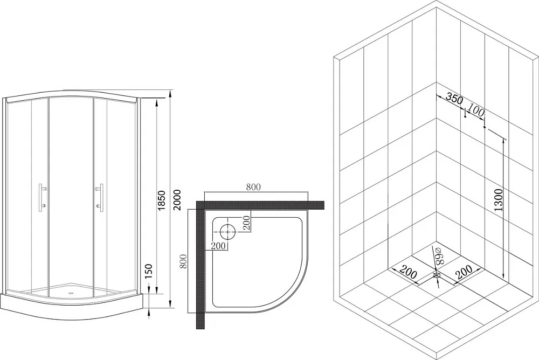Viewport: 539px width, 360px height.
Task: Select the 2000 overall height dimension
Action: tap(176, 201)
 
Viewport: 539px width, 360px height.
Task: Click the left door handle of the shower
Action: tap(42, 197)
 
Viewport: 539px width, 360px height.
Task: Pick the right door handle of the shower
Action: tap(100, 197)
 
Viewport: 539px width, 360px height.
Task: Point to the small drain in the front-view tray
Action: tap(72, 293)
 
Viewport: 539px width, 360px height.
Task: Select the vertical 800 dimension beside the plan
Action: tap(183, 261)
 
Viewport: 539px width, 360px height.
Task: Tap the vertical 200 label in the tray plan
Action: tap(246, 224)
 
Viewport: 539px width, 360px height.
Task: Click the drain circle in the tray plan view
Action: tap(227, 232)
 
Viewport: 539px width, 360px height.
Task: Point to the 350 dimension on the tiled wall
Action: tap(454, 99)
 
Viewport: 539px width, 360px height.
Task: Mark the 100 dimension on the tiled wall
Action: tap(476, 112)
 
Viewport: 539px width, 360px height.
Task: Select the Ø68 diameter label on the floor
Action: tap(440, 255)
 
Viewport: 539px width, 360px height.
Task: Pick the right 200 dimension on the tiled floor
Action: tap(464, 272)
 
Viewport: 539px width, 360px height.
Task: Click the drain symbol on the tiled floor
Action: tap(437, 275)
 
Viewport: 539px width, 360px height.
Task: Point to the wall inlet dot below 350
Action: tap(465, 117)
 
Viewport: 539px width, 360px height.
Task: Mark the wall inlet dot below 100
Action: tap(485, 127)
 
